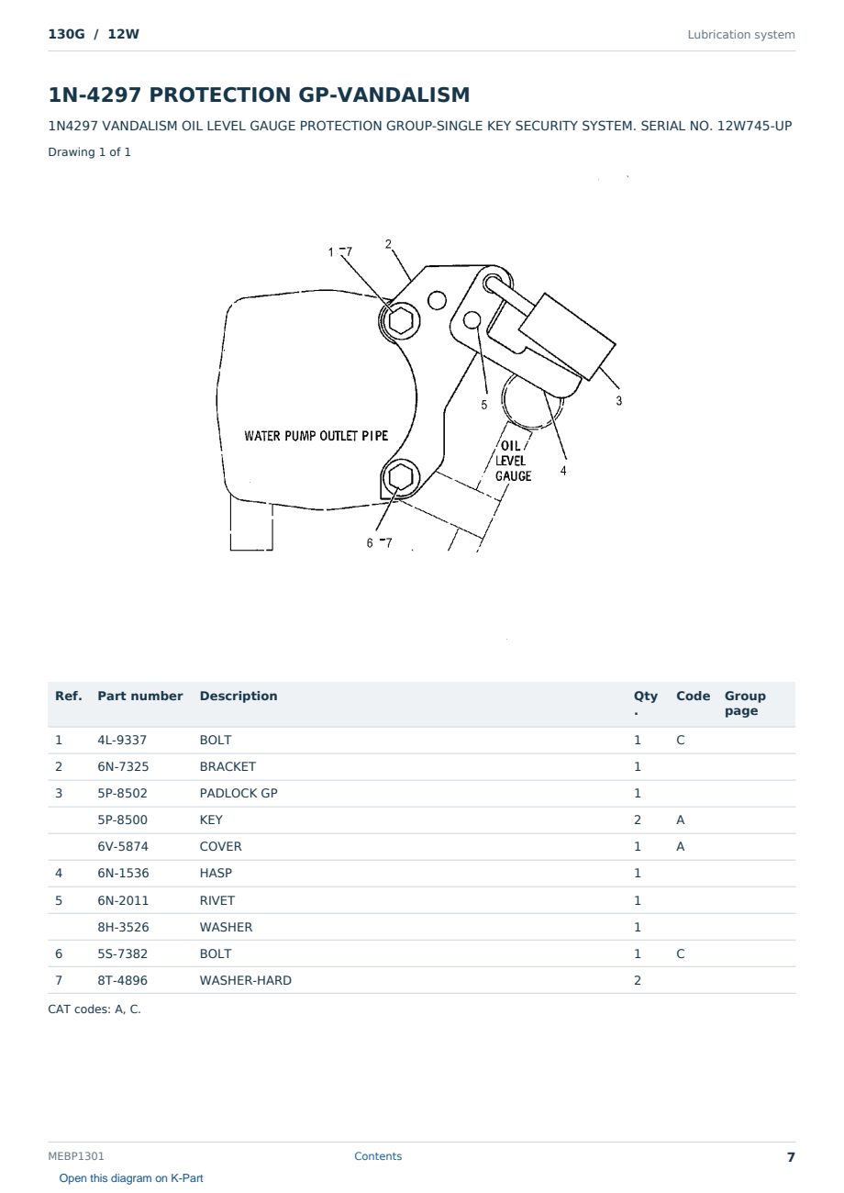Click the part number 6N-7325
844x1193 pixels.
[123, 766]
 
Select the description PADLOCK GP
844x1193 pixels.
[239, 793]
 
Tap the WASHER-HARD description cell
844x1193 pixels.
[246, 980]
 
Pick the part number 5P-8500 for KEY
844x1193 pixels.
[123, 819]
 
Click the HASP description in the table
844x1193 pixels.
[216, 873]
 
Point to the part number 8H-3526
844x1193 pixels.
[123, 927]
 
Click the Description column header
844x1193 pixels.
[239, 696]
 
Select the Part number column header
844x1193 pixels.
[140, 696]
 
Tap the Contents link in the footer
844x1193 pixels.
[378, 1156]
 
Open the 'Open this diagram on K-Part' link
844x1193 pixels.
[131, 1178]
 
